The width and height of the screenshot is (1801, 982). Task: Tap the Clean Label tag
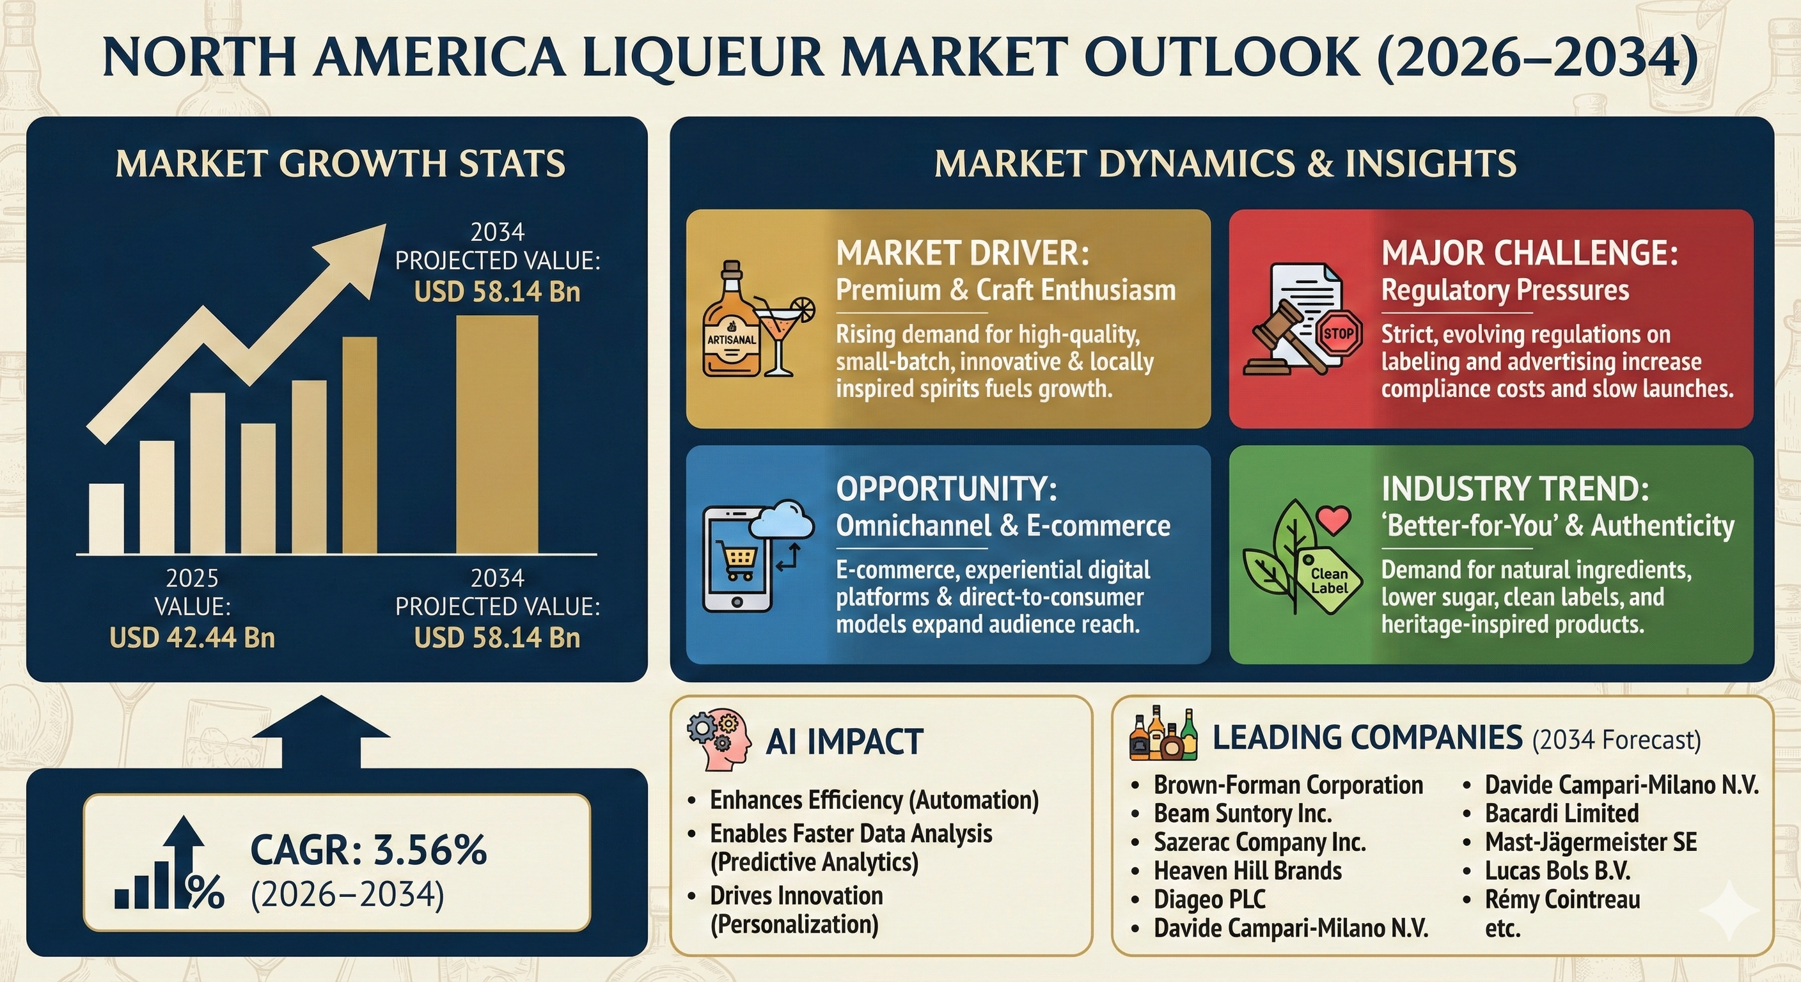click(x=1329, y=581)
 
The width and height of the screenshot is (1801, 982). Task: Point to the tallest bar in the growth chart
click(x=497, y=434)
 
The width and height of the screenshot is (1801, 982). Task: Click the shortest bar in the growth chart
click(x=106, y=518)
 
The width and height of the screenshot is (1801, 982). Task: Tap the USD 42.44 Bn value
click(x=193, y=637)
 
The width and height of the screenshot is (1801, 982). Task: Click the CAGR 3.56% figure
click(x=368, y=850)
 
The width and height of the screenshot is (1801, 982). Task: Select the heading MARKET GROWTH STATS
click(x=340, y=164)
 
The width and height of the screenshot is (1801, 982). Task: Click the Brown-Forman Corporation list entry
click(x=1288, y=785)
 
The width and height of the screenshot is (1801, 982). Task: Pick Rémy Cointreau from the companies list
click(x=1562, y=899)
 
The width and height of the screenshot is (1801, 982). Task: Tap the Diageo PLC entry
click(x=1209, y=899)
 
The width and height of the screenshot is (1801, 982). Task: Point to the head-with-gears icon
click(x=719, y=741)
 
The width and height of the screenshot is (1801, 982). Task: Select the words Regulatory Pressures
click(x=1504, y=290)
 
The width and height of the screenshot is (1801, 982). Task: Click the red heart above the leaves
click(x=1333, y=520)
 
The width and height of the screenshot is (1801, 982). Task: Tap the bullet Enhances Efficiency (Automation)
click(x=874, y=800)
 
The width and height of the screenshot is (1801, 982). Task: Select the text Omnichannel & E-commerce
click(x=1003, y=526)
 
